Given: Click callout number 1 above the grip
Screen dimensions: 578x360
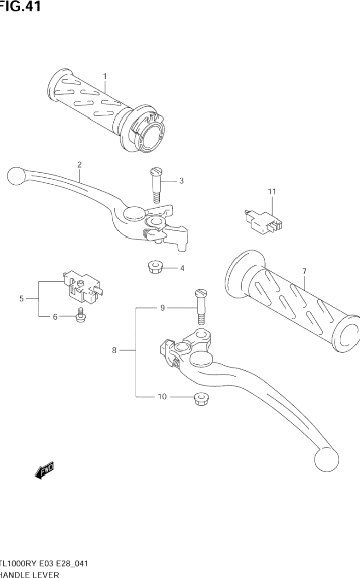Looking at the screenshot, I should pos(105,76).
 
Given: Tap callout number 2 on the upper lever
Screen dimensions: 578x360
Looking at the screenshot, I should pos(80,164).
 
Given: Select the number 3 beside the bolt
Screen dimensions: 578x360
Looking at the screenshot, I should pos(181,181).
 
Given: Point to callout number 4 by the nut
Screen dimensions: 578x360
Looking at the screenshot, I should pos(182,268).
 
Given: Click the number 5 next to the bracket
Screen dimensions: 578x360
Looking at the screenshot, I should pos(22,299).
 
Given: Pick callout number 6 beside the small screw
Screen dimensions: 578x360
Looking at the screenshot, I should pos(55,316).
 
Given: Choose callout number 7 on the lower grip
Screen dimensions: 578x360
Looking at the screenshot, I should pos(304,272).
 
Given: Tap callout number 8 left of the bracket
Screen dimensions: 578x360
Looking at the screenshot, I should pos(114,350).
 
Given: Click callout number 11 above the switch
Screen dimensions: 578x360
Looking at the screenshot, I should pos(272,191).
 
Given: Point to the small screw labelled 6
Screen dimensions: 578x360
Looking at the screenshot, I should pos(81,314).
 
